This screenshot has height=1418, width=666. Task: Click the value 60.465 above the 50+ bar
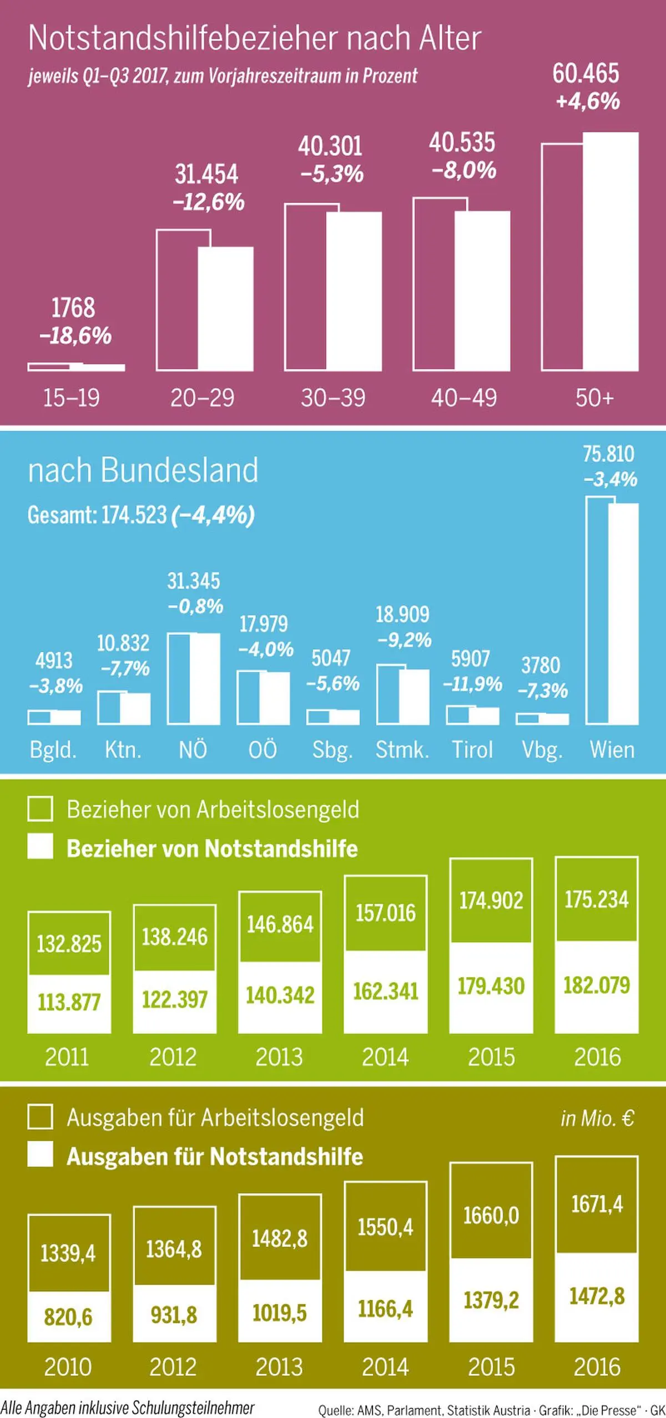coord(586,73)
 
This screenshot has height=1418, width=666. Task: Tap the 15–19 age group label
coord(72,398)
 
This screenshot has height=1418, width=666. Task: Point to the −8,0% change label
coord(464,170)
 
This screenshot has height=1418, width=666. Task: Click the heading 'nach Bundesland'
coord(143,470)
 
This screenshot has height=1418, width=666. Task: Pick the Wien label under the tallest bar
coord(612,750)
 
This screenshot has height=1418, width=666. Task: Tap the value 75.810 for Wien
coord(608,454)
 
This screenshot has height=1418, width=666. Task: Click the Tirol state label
coord(472,750)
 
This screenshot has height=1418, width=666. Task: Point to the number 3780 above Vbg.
coord(541,665)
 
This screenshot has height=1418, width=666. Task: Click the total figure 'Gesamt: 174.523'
coord(97,515)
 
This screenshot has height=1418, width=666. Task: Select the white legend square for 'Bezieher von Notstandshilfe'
coord(41,847)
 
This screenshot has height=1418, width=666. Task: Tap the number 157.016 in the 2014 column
coord(385,913)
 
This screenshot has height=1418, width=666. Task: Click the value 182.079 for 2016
coord(597,985)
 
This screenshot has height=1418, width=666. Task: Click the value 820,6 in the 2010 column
coord(68,1317)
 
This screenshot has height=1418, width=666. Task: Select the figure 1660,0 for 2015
coord(491,1216)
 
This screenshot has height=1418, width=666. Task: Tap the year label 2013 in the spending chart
coord(279,1367)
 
